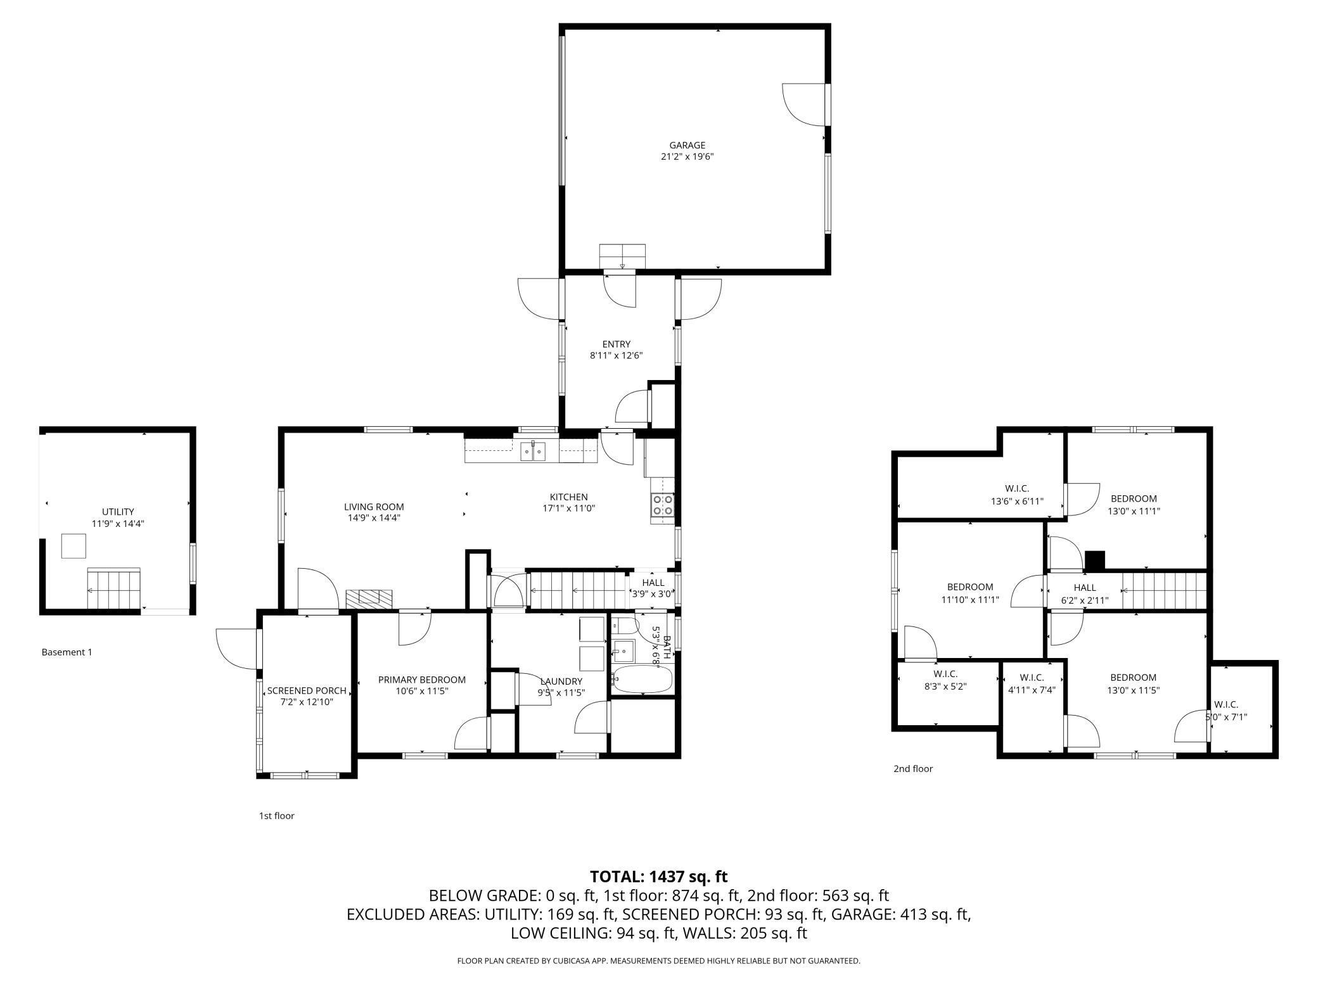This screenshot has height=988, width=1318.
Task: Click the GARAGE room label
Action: [x=687, y=145]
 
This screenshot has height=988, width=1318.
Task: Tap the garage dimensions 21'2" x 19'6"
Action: [x=687, y=157]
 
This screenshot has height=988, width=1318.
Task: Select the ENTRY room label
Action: [x=616, y=345]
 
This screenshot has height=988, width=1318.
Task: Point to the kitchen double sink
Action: [x=533, y=452]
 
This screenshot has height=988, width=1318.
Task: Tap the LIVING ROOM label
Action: [x=374, y=507]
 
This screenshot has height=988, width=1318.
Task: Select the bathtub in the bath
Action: [x=641, y=680]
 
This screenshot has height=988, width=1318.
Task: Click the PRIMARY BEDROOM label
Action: [x=421, y=680]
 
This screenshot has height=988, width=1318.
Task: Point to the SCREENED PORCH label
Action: [x=307, y=690]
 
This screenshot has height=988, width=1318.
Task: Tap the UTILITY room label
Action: [x=118, y=512]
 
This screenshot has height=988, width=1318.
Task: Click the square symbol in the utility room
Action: [x=74, y=546]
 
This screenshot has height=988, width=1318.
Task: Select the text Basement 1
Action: [x=67, y=652]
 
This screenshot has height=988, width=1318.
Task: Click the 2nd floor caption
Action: [x=913, y=769]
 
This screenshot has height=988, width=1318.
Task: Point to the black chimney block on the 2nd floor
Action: [x=1094, y=560]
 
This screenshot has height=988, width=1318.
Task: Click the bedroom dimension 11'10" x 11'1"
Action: [x=970, y=599]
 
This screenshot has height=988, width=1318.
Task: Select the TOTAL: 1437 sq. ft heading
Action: [x=658, y=877]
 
